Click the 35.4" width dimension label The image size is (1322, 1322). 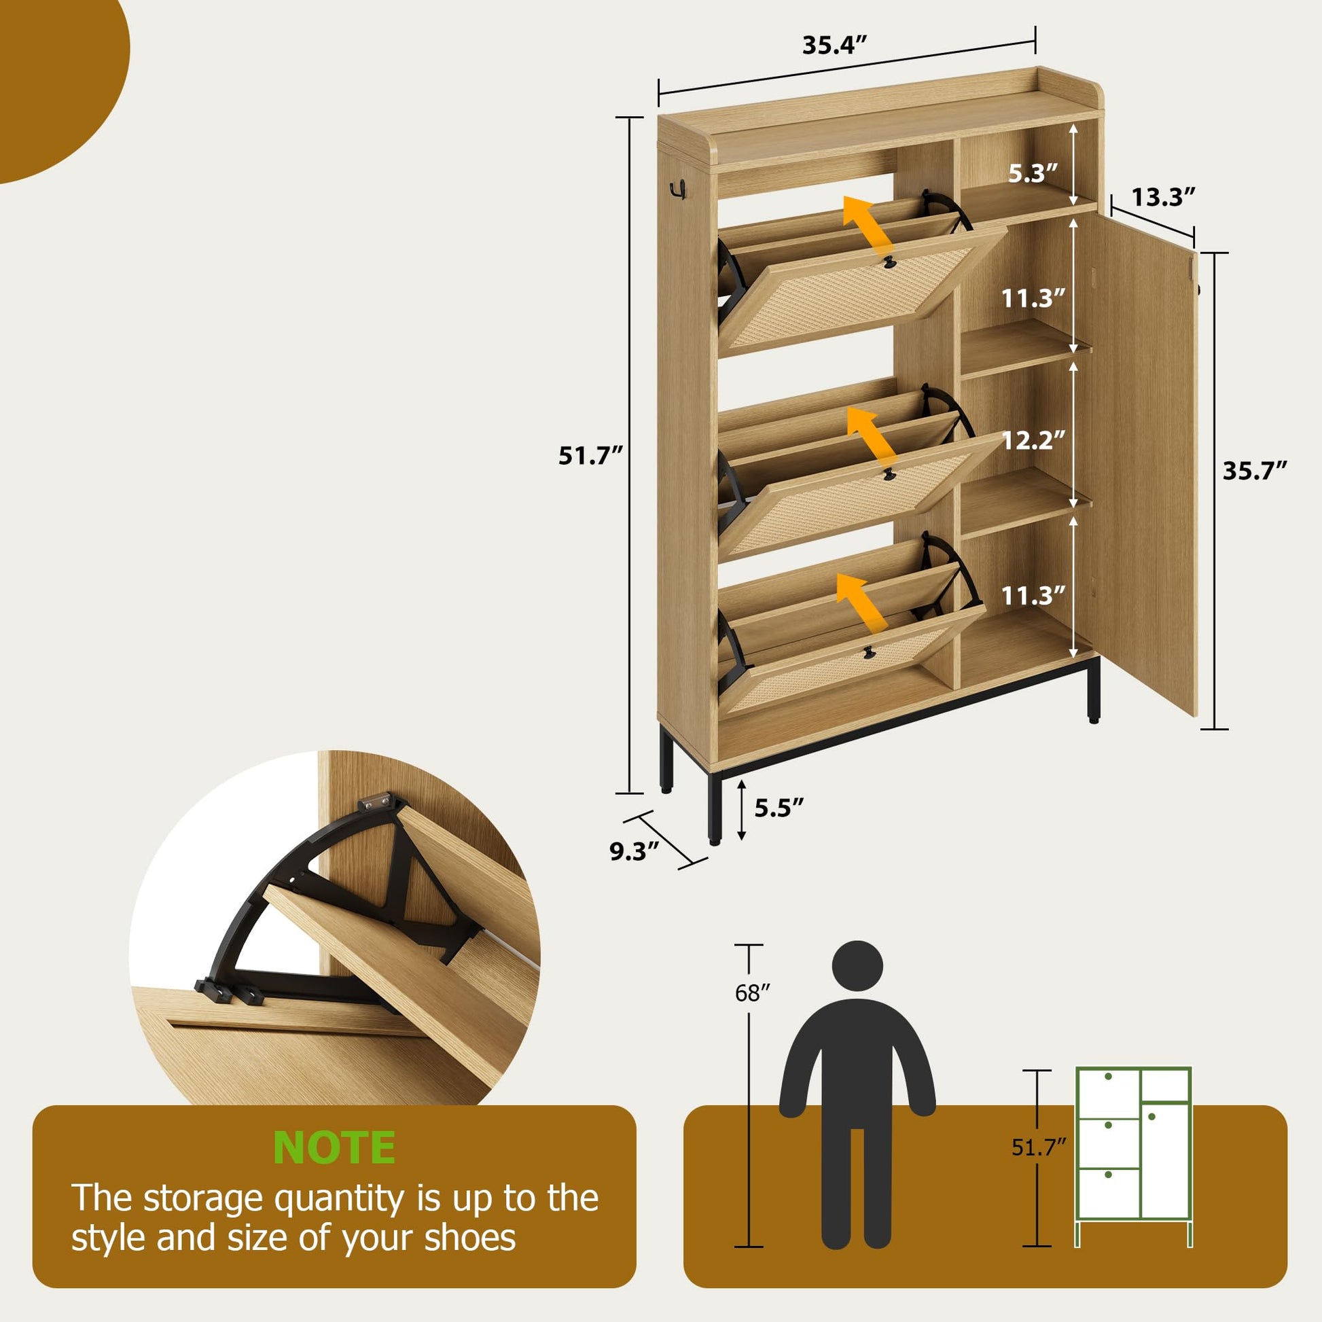click(x=834, y=45)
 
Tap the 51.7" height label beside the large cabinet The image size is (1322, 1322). click(x=590, y=456)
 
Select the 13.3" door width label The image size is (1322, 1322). click(x=1163, y=197)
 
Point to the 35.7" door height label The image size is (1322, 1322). click(x=1255, y=471)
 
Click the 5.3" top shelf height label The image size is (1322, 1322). click(x=1033, y=174)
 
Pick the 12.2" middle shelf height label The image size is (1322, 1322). click(x=1033, y=440)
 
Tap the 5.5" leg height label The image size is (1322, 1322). click(x=779, y=808)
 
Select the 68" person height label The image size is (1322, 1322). click(x=753, y=993)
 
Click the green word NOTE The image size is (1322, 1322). click(x=334, y=1147)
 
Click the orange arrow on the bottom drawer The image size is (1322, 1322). click(x=861, y=602)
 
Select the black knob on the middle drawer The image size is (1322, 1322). click(x=888, y=474)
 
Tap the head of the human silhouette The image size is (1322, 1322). click(x=857, y=965)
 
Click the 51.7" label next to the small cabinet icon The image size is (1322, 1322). click(x=1039, y=1147)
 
